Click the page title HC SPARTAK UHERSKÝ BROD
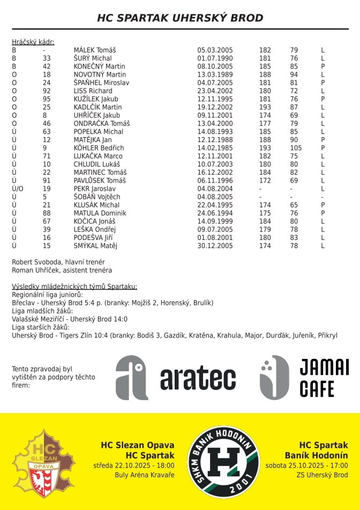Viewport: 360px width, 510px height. coord(180,18)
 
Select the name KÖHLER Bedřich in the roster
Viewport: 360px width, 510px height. coord(99,148)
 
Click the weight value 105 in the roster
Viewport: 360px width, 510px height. coord(296,148)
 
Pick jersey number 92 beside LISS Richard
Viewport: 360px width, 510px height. coord(47,91)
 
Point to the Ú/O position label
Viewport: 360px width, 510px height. coord(18,189)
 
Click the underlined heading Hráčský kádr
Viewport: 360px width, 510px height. coord(33,42)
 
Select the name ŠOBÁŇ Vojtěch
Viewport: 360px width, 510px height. coord(97,197)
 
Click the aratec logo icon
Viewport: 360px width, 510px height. coord(132,378)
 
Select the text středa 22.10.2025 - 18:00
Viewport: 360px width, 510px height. coord(134,465)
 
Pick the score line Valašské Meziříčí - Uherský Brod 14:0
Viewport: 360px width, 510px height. coord(70,319)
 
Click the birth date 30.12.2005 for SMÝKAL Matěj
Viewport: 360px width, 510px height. coord(215,246)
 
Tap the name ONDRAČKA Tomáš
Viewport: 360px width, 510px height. coord(102,123)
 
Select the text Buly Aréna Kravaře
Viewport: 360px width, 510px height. coord(145,475)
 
